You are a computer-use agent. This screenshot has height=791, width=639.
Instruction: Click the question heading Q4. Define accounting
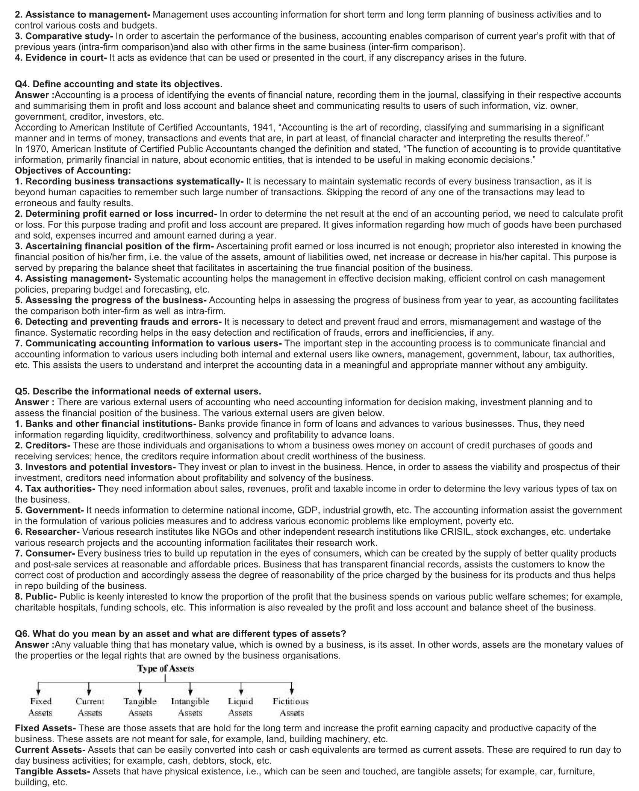118,84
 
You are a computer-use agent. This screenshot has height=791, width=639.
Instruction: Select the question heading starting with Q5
138,391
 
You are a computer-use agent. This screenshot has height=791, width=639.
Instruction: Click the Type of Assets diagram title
165,668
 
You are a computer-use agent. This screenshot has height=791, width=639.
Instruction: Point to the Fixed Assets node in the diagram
40,707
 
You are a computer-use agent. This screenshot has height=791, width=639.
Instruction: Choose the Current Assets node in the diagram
89,707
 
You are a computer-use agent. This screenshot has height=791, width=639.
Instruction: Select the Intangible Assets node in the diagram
190,707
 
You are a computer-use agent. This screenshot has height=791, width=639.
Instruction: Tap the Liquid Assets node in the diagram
241,707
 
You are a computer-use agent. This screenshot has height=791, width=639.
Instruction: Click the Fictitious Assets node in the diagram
291,707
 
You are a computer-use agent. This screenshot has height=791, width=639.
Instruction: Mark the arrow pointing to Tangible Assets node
140,688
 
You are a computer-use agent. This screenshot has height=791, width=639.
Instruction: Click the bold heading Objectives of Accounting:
73,171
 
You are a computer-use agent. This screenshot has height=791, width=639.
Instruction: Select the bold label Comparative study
69,36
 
